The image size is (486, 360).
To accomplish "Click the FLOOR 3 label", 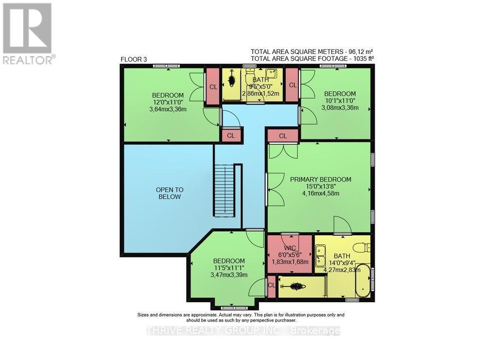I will pos(134,59).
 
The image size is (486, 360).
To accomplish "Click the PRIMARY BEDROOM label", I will pos(320,179).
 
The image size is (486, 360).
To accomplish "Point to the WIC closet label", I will pos(290,248).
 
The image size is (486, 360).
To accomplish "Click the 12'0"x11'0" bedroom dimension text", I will pos(168,102).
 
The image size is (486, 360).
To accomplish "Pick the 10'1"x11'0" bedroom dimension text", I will pos(340,101).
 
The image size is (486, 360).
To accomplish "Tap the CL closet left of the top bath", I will pos(212,86).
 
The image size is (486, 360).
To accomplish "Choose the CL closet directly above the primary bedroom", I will pos(282,136).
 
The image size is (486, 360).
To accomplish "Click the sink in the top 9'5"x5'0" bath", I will pos(273,74).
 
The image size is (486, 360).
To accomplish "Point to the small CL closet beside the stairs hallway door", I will pos(231,136).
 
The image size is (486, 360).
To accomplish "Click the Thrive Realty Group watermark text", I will pos(243,331).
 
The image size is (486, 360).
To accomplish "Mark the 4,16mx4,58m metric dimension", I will pos(320,193).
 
